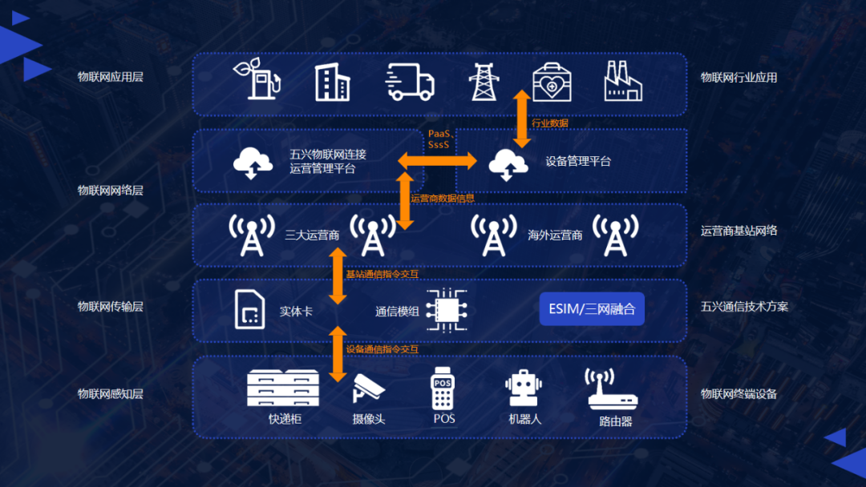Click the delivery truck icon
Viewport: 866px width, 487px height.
(410, 82)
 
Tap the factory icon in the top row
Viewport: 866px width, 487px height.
(624, 82)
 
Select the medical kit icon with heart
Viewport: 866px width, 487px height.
(551, 82)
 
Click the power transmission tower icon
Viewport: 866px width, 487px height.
(484, 82)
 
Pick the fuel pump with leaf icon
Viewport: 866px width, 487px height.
(257, 78)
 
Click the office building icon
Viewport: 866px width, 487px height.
(332, 82)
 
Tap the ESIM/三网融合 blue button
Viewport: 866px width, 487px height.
(592, 308)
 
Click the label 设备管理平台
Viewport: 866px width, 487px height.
(578, 161)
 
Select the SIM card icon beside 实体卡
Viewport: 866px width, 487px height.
(249, 309)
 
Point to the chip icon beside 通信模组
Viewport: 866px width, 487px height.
(446, 310)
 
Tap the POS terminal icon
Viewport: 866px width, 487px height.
(443, 388)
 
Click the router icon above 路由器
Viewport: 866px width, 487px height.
(611, 389)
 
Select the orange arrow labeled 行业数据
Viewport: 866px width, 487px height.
(522, 118)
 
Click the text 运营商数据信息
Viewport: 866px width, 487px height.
(443, 198)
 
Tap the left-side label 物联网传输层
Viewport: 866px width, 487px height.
(110, 306)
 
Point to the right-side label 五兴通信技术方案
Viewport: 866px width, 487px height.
(744, 306)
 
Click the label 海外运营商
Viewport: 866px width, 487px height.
(555, 235)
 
